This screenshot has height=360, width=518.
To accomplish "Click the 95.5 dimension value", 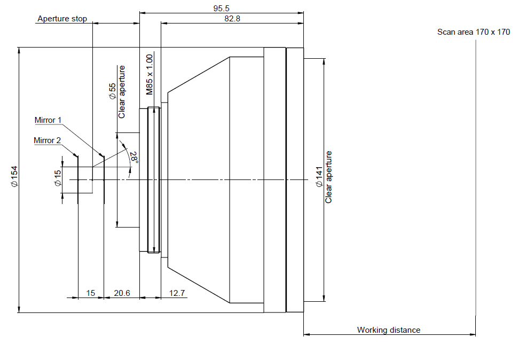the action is point(221,8).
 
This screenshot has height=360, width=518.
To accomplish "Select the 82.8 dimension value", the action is point(232,19).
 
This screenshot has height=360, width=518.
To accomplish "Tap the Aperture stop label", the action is point(62,19).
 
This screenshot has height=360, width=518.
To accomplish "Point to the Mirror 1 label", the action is point(48,120).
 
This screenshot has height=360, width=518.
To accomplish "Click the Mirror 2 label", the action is point(47,140).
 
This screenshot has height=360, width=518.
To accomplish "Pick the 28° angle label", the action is point(134,157).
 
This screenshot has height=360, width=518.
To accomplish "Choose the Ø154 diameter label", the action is point(14,177).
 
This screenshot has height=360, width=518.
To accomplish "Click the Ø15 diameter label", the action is point(58,178).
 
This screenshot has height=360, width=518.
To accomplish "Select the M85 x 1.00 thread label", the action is point(150,75).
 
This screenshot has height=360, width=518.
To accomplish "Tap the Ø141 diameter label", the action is point(319,177).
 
